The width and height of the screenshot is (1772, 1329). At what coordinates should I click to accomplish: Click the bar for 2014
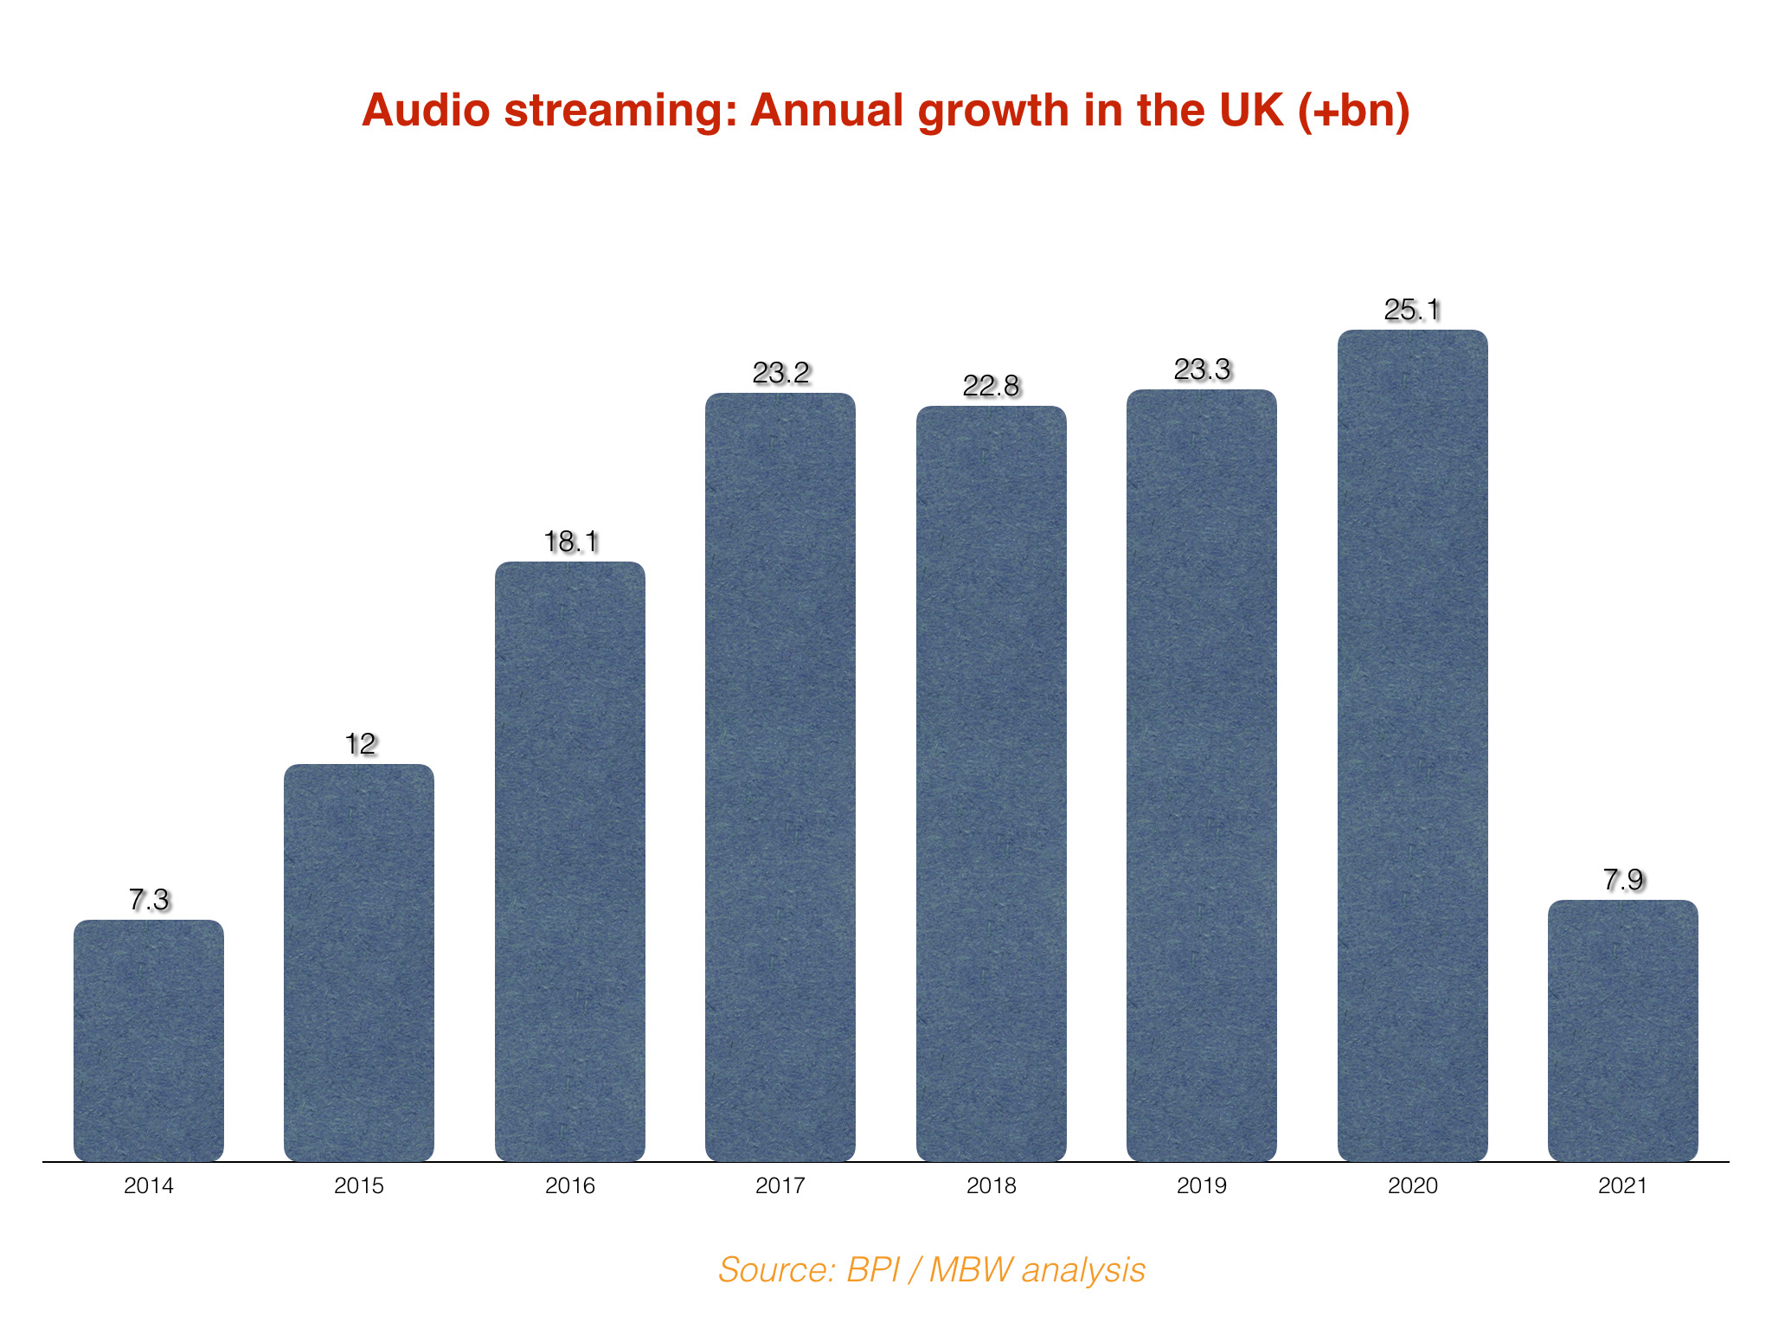(149, 1040)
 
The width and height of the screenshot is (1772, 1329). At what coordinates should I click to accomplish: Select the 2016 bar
(570, 861)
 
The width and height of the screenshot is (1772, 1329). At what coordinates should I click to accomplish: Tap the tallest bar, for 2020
(1412, 745)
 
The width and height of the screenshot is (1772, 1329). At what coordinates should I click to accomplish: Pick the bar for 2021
(1622, 1030)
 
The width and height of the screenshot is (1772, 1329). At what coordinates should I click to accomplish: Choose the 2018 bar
(991, 783)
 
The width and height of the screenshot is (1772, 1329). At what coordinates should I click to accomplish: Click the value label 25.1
(1412, 310)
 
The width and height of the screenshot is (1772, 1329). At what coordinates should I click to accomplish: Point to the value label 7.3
(149, 900)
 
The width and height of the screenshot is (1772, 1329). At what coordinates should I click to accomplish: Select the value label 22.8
(991, 386)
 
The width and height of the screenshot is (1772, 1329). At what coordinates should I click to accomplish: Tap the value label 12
(360, 744)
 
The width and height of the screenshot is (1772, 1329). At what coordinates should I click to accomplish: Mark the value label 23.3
(1202, 370)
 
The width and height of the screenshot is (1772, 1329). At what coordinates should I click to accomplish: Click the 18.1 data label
(570, 543)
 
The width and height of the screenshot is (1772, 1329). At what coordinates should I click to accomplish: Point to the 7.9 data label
(1622, 880)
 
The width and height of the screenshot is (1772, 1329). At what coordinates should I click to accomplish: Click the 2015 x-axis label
(359, 1185)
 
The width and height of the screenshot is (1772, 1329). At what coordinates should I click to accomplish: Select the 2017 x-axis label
(780, 1185)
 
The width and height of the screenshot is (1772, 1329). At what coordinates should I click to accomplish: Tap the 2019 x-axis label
(1202, 1185)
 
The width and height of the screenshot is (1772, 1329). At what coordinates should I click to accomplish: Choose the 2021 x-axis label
(1622, 1185)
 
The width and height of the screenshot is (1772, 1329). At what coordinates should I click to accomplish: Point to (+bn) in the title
(1354, 111)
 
